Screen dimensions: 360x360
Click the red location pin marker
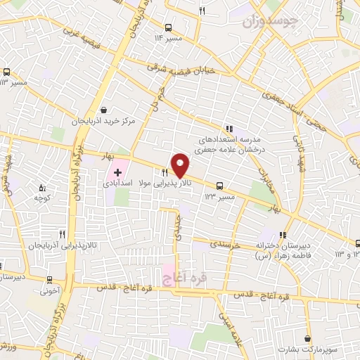181,165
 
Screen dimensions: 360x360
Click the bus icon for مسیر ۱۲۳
220,186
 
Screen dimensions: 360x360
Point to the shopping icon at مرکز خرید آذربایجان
105,110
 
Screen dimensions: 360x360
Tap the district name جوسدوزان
271,23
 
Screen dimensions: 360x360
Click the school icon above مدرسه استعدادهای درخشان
229,129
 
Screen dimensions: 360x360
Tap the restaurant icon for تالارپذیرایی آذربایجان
63,234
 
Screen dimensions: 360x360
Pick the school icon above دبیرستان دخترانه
282,236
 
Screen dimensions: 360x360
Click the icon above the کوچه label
41,187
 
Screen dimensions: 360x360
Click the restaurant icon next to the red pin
165,172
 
